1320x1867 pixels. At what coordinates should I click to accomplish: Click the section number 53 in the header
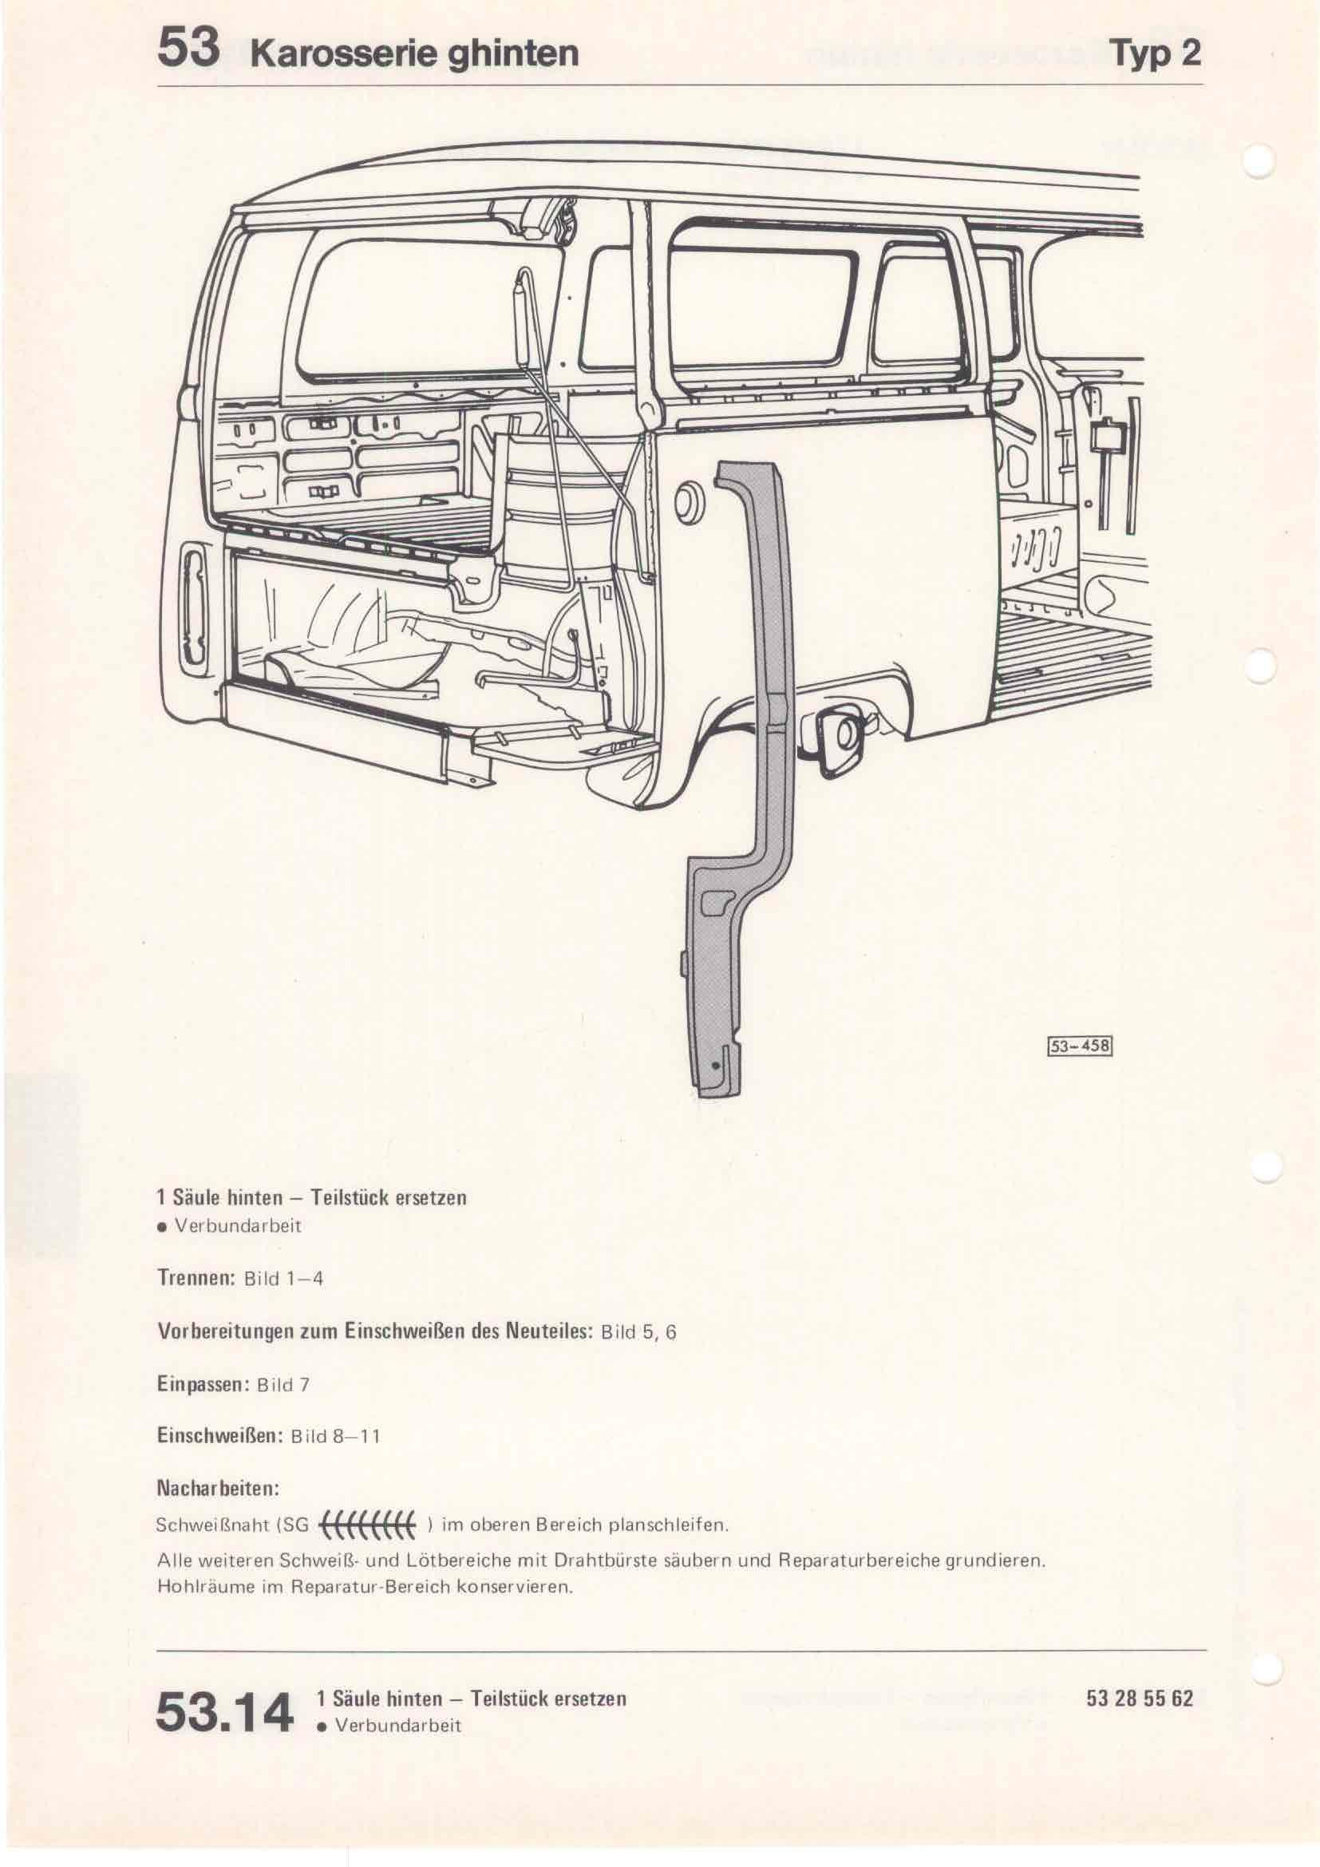pos(188,49)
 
